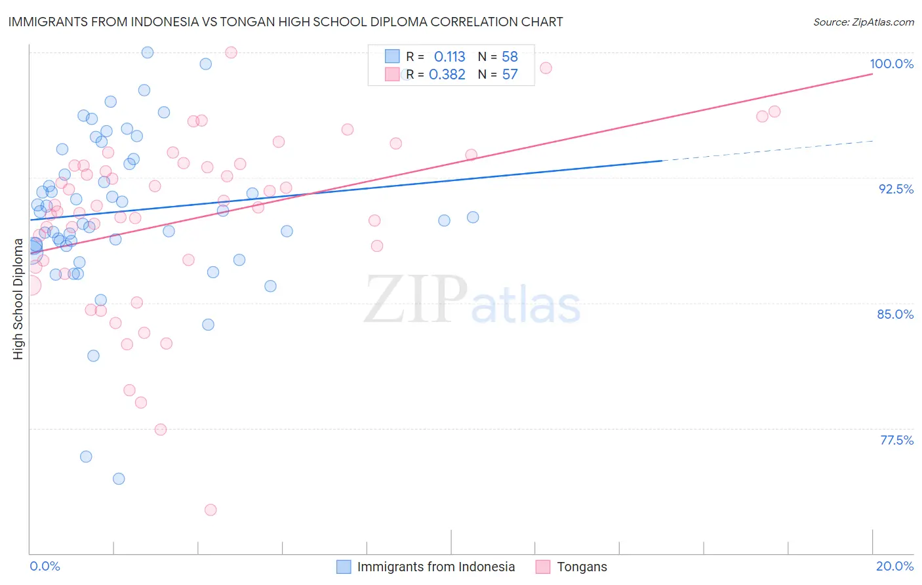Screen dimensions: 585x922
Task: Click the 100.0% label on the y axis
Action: pos(891,64)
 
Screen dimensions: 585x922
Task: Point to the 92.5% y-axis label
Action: pos(896,189)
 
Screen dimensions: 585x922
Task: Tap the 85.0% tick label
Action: pos(895,314)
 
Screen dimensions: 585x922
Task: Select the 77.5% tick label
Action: pos(896,440)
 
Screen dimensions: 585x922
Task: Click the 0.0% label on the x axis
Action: pos(45,566)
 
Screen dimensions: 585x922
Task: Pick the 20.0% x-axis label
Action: pos(894,566)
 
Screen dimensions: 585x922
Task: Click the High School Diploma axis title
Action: pos(18,299)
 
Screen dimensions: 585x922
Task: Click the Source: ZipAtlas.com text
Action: pos(863,22)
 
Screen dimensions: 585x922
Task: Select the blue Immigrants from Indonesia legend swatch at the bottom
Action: pos(344,567)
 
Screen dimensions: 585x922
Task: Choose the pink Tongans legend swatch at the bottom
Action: pos(543,567)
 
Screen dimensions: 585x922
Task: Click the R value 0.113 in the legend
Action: pos(449,57)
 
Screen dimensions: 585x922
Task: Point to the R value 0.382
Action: pos(447,75)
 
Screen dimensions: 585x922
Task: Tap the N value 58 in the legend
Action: pos(510,57)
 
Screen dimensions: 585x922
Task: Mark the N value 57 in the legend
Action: pos(510,75)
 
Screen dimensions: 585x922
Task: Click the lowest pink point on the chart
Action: pos(210,510)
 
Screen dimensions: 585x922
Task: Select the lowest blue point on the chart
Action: pos(119,479)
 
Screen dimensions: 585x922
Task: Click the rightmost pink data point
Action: pos(774,111)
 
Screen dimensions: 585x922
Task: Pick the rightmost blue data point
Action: pos(473,217)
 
